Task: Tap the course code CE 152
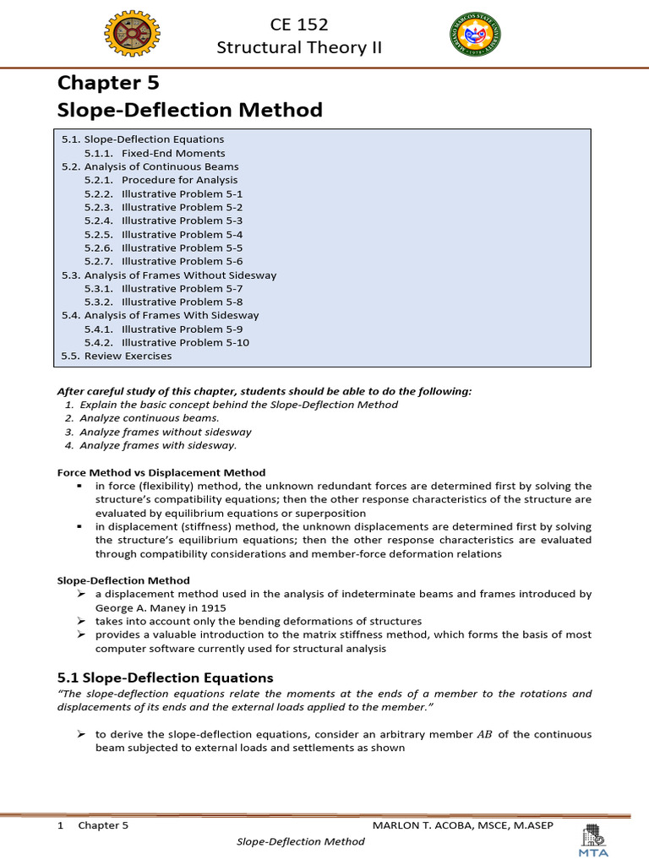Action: (298, 24)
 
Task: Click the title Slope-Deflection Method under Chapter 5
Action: (189, 110)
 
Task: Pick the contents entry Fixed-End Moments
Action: (172, 153)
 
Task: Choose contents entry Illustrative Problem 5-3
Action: (182, 220)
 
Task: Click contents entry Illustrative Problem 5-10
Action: (184, 342)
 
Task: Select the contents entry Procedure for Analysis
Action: (179, 180)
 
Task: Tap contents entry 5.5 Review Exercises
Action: (116, 356)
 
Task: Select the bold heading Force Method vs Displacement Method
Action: (161, 472)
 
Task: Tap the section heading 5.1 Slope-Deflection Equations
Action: (165, 677)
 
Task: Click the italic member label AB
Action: (483, 734)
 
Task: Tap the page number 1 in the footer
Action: (61, 824)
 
